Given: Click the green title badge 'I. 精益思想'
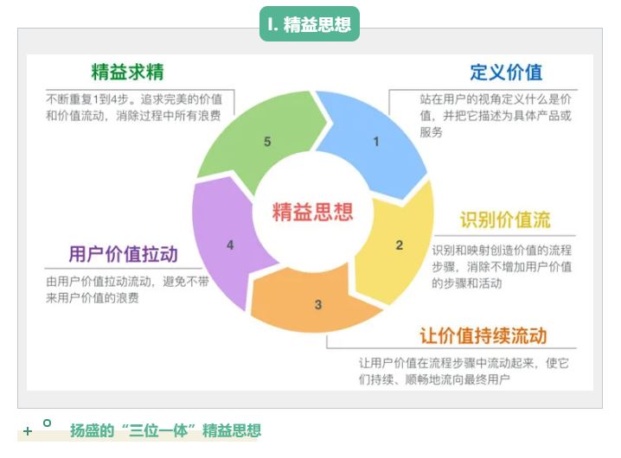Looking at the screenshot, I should pos(309,24).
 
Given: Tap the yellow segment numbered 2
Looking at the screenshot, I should pos(399,245).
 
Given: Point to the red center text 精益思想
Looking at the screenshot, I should pos(312,211).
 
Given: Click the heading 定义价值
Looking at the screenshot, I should pos(506,72).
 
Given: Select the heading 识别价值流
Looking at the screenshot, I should pos(504,219).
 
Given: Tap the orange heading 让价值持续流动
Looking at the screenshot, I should pos(483,335).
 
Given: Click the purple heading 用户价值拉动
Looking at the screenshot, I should pos(123,254).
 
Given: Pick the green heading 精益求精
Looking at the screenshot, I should pos(128,71).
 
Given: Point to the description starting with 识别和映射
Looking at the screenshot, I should pos(502,266).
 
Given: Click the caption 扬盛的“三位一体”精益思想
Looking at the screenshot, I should pos(165,430).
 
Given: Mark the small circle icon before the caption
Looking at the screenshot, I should pos(47,423).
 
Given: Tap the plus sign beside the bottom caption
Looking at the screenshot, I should pos(28,431).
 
